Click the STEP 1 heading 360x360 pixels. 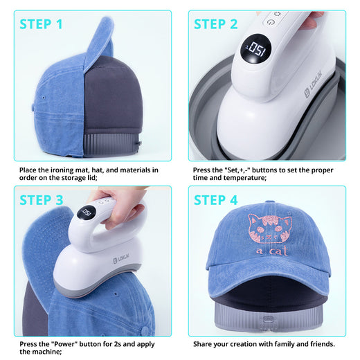click(41, 24)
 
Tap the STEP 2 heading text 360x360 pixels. click(215, 24)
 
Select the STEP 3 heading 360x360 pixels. click(41, 200)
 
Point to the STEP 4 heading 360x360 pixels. click(216, 200)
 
